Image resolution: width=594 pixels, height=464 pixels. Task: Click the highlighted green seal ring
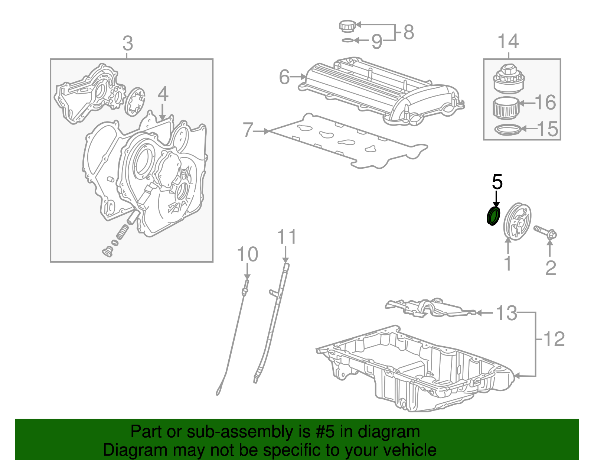493,217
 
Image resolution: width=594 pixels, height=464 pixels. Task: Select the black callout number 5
497,182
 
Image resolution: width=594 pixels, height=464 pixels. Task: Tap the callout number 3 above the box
128,44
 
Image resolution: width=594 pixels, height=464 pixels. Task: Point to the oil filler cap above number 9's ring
347,26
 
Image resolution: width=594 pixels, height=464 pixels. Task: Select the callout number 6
284,77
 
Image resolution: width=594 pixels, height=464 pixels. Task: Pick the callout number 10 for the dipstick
247,255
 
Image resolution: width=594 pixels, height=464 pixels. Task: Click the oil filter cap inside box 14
508,79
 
